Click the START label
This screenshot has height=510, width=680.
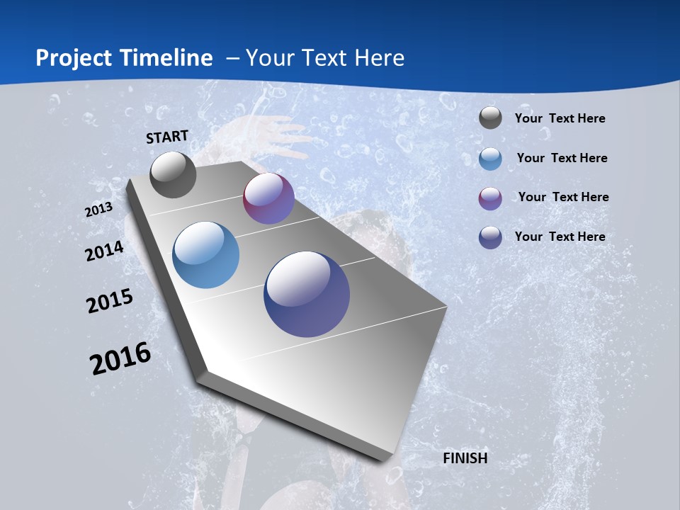click(x=167, y=137)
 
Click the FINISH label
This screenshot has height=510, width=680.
click(x=465, y=458)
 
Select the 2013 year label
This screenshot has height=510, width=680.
click(x=98, y=210)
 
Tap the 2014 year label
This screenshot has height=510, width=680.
click(x=104, y=251)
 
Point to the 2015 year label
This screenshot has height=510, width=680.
click(x=110, y=300)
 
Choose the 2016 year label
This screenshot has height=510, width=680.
click(x=120, y=358)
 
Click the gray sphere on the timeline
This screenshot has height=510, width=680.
click(x=174, y=175)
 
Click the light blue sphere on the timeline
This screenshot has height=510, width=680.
click(x=205, y=255)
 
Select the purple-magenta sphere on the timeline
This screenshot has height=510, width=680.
click(x=268, y=199)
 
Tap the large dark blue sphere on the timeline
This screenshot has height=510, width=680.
click(x=307, y=294)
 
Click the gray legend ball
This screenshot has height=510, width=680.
click(x=490, y=118)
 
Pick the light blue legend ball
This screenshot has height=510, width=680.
click(x=490, y=159)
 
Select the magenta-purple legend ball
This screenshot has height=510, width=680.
click(x=490, y=198)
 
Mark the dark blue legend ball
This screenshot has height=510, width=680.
click(x=490, y=237)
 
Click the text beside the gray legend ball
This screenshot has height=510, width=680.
click(x=560, y=119)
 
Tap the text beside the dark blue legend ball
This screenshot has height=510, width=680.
click(x=560, y=237)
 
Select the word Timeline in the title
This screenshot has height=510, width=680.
click(x=167, y=58)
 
